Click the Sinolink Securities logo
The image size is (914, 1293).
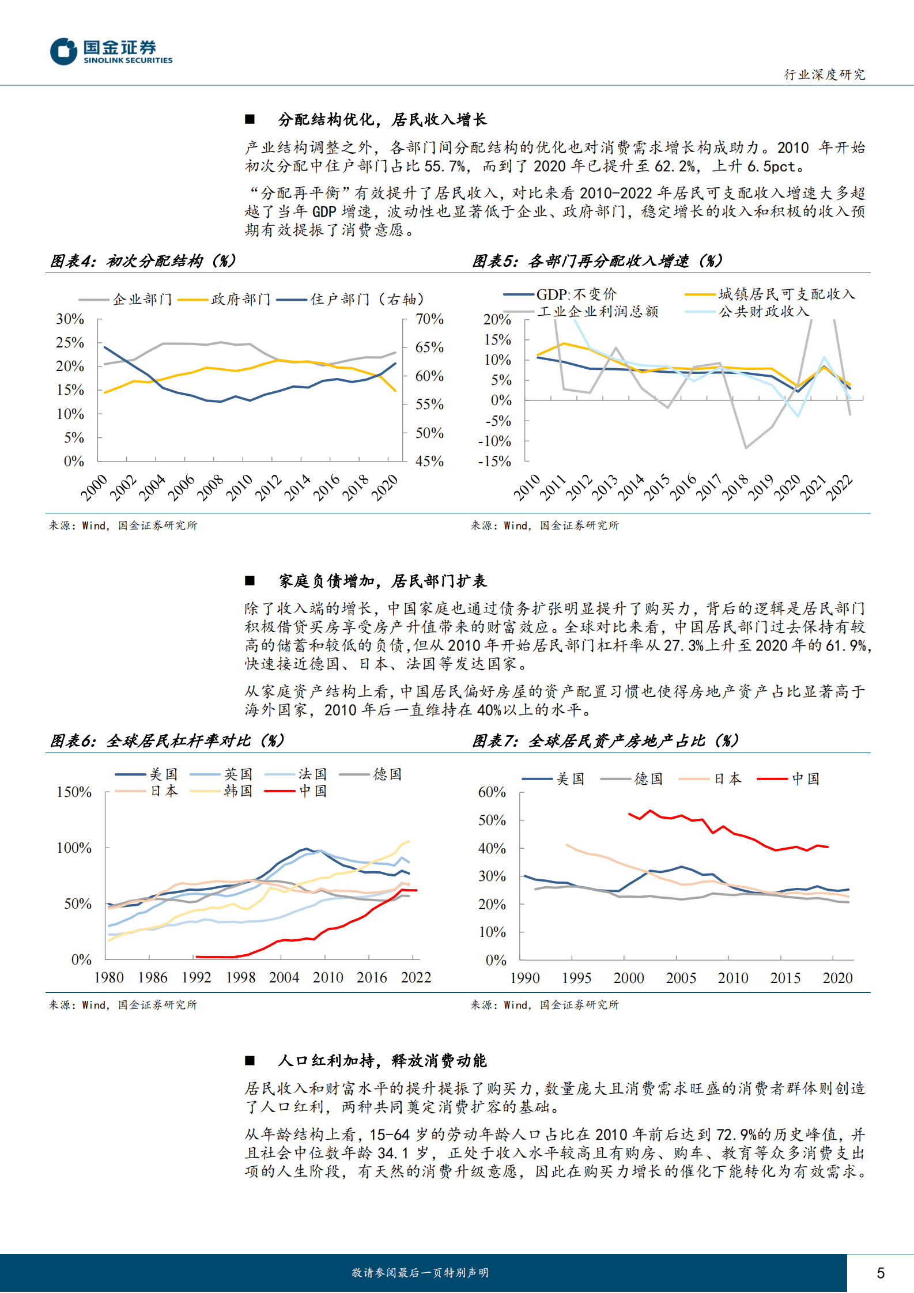coord(111,51)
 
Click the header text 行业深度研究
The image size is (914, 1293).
coord(824,74)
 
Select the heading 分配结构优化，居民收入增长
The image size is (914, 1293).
coord(382,119)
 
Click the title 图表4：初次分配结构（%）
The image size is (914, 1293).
coord(143,261)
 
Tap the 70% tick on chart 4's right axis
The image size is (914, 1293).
coord(429,319)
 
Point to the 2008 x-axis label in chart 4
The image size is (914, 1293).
coord(210,487)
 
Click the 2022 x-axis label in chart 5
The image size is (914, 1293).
coord(839,487)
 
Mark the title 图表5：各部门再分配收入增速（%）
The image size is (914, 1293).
coord(597,261)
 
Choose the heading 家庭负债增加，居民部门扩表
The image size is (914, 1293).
coord(382,581)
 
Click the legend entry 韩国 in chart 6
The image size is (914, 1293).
coord(238,791)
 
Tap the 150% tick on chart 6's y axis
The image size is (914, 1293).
coord(74,792)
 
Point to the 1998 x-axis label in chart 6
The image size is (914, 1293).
coord(240,977)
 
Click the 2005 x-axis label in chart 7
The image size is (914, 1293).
coord(681,978)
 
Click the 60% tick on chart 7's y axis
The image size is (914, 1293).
coord(492,792)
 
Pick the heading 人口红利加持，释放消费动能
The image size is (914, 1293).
coord(382,1060)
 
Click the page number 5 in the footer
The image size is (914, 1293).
coord(880,1273)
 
